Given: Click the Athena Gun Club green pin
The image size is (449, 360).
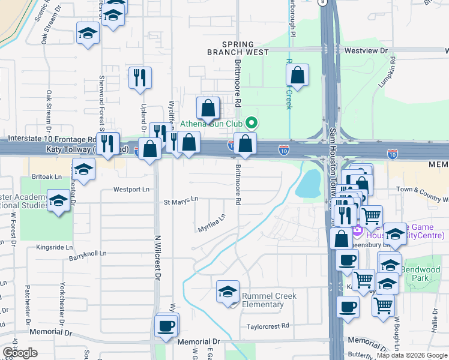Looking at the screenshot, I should coord(252,124).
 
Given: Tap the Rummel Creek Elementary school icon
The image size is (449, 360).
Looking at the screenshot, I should coord(228,293).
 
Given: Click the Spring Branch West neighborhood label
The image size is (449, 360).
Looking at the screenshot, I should coord(246,48).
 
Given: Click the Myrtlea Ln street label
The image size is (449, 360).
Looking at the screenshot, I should coord(211,223).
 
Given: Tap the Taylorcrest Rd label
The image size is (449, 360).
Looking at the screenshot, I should coord(268,326).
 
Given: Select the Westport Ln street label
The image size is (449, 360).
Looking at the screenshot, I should coord(131,190).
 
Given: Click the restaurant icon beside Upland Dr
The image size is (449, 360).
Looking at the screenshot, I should coord(140,78).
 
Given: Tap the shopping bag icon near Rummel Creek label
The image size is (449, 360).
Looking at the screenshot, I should coord(297,76).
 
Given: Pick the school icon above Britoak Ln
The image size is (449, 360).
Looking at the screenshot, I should coord(83,170).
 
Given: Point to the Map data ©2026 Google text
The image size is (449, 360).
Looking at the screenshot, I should coord(412,355).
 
